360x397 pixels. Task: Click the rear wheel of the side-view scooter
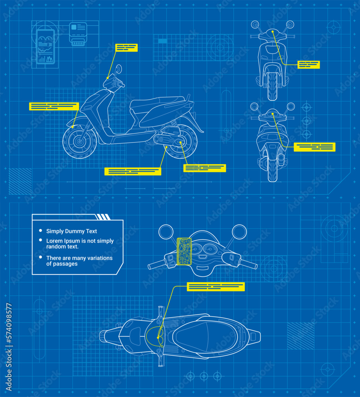pyautogui.click(x=181, y=142)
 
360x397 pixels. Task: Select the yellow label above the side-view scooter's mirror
pyautogui.click(x=126, y=48)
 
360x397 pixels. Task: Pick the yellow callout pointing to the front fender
pyautogui.click(x=54, y=106)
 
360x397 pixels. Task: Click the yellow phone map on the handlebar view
pyautogui.click(x=184, y=251)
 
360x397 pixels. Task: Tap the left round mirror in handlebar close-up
pyautogui.click(x=166, y=232)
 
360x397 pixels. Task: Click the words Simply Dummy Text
pyautogui.click(x=71, y=231)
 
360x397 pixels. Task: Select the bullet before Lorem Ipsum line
pyautogui.click(x=40, y=241)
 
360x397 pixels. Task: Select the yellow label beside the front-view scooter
pyautogui.click(x=308, y=65)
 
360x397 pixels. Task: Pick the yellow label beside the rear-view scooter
pyautogui.click(x=314, y=147)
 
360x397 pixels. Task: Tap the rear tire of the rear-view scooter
pyautogui.click(x=272, y=169)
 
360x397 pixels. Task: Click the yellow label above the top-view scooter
pyautogui.click(x=216, y=287)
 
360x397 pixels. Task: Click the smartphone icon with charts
pyautogui.click(x=45, y=47)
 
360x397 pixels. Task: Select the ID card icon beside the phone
pyautogui.click(x=78, y=34)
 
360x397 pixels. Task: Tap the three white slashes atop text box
pyautogui.click(x=103, y=217)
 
